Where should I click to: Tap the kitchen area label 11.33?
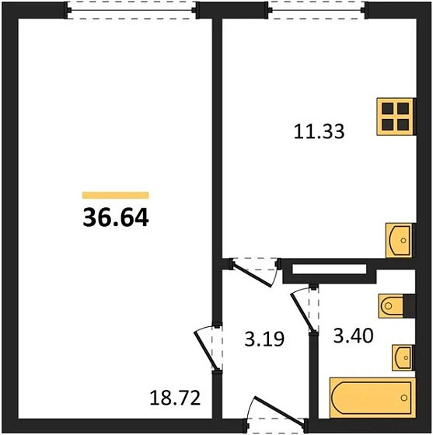pos(319,131)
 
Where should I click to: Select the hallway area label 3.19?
pos(260,339)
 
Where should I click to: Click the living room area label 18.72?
pos(175,399)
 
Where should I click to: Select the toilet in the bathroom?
pos(393,305)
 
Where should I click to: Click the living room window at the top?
pos(130,10)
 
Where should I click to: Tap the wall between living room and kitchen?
pos(218,140)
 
